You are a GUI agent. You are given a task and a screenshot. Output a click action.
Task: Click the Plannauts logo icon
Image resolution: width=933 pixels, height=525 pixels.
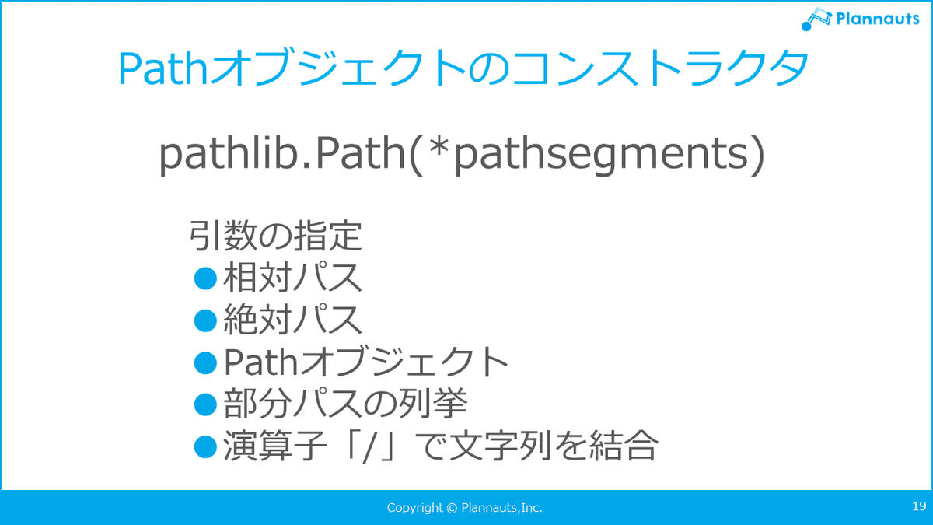click(x=816, y=19)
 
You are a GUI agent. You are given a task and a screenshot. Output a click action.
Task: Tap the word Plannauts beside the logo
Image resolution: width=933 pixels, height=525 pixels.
click(x=878, y=19)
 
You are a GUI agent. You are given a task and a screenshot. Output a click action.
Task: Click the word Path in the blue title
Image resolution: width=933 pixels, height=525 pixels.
click(x=162, y=68)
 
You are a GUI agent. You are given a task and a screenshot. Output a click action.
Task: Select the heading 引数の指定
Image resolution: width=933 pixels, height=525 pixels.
click(x=276, y=236)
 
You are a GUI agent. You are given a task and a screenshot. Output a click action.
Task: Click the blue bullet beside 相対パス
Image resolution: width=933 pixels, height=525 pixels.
click(x=206, y=278)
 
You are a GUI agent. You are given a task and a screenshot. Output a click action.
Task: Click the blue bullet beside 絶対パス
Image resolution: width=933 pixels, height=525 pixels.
click(x=206, y=320)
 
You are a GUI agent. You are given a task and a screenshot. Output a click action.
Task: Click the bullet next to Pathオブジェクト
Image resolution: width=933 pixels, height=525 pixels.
click(x=206, y=362)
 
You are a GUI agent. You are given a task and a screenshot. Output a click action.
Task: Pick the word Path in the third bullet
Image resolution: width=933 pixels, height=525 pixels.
click(x=260, y=362)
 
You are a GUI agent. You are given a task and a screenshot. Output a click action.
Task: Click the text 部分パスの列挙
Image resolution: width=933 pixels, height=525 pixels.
click(x=345, y=404)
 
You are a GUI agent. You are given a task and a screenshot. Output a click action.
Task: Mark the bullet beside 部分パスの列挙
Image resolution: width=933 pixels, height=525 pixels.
click(x=206, y=404)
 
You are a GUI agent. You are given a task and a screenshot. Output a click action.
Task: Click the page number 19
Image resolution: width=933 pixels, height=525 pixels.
click(x=919, y=506)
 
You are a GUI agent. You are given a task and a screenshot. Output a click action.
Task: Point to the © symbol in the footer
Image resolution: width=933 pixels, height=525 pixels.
click(x=452, y=508)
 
